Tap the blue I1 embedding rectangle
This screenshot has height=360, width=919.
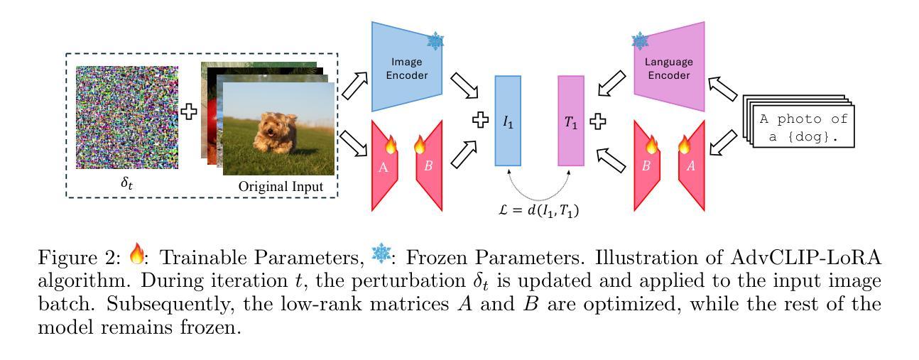tap(508, 121)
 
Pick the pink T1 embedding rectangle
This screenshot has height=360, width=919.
tap(571, 121)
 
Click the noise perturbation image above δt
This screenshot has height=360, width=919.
tap(127, 116)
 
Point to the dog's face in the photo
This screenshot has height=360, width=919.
tap(271, 127)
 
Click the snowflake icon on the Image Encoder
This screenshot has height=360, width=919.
tap(435, 41)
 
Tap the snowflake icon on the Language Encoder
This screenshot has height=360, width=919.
tap(641, 41)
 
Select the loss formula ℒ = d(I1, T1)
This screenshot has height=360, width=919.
tap(539, 210)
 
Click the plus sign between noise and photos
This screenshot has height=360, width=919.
tap(189, 111)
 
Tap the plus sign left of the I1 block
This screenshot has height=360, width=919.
tap(481, 120)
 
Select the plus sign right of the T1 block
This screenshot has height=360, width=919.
tap(599, 120)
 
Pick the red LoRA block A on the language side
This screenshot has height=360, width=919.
tap(691, 166)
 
